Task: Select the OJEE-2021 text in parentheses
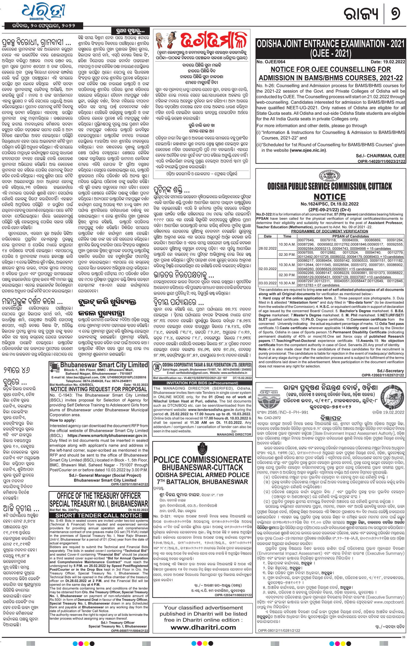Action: coord(330,53)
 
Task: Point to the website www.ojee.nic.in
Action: coord(308,150)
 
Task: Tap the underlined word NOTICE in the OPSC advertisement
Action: coord(330,197)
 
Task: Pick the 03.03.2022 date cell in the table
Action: coord(267,283)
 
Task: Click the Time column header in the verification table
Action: coord(287,236)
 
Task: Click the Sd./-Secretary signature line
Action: coord(390,371)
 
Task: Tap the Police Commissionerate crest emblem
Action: coord(202,449)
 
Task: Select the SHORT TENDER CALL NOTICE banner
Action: coord(98,515)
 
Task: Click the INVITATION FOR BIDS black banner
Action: coord(202,383)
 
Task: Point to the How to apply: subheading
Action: coord(62,420)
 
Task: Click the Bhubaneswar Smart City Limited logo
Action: coord(54,367)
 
